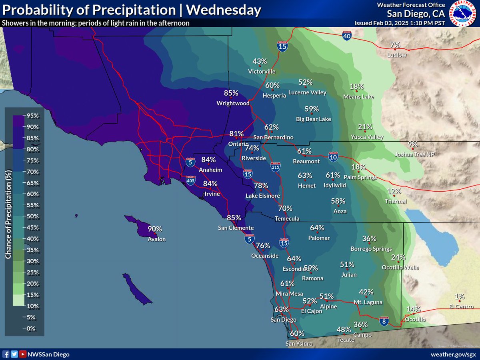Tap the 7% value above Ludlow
(x=395, y=45)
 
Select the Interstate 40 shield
(x=347, y=36)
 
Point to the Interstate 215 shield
(x=275, y=166)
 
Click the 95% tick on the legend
(x=32, y=116)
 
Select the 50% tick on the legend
(x=32, y=216)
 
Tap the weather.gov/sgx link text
(x=453, y=354)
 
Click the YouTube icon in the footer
(x=23, y=354)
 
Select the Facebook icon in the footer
(x=6, y=354)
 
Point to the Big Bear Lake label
(x=313, y=119)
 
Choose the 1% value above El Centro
(x=459, y=296)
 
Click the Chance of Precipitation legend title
(x=8, y=214)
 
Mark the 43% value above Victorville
(x=260, y=61)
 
